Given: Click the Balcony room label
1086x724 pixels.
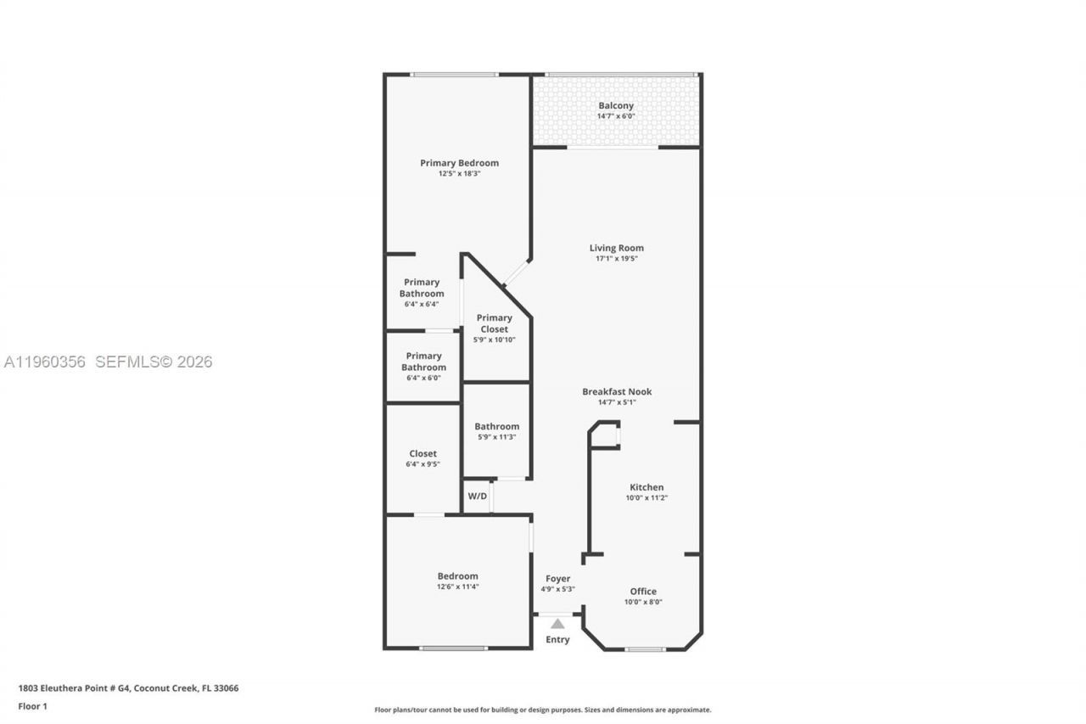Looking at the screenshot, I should pyautogui.click(x=616, y=106).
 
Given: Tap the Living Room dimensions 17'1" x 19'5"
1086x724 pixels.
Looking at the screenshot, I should pyautogui.click(x=616, y=259).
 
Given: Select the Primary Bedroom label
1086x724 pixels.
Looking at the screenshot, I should pyautogui.click(x=459, y=163).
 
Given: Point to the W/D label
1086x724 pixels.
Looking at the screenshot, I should pyautogui.click(x=478, y=496).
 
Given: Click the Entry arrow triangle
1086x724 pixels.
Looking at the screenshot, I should pyautogui.click(x=557, y=624).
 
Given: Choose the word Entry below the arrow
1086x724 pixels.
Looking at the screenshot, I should pyautogui.click(x=557, y=639).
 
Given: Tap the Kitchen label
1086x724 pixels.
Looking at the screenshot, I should pyautogui.click(x=647, y=487).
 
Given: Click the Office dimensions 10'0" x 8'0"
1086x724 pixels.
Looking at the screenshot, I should pyautogui.click(x=643, y=602).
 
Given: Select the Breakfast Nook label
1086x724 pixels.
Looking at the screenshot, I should pyautogui.click(x=617, y=391).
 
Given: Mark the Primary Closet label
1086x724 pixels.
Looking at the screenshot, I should pyautogui.click(x=495, y=323).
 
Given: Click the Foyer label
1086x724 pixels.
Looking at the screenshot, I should pyautogui.click(x=557, y=579).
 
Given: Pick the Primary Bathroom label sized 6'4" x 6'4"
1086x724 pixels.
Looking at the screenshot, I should pyautogui.click(x=422, y=288).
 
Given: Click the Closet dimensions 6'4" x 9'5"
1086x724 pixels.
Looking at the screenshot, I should pyautogui.click(x=423, y=464).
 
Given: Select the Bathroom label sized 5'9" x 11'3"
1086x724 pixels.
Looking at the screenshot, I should pyautogui.click(x=496, y=427).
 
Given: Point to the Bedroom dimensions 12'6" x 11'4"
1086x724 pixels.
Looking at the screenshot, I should pyautogui.click(x=458, y=586).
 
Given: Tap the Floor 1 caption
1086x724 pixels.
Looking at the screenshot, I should pyautogui.click(x=33, y=706).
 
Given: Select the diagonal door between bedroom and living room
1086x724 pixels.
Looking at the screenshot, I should pyautogui.click(x=515, y=273).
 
